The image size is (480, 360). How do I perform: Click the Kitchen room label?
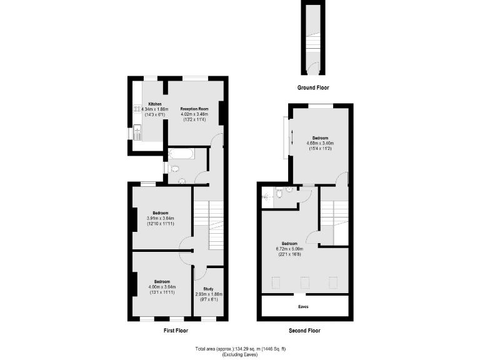154,104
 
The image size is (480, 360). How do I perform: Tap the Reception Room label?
193,108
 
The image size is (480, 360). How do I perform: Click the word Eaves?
303,307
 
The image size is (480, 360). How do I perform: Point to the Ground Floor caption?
312,88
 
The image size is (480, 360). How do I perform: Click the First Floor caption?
175,330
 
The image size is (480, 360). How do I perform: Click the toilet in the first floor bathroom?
174,168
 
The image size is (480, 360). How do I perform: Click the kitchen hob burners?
136,110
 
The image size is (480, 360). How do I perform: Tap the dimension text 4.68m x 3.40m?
319,143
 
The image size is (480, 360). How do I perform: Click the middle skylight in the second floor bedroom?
304,282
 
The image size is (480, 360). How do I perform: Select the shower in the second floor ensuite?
268,195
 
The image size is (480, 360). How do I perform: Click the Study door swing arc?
201,272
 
